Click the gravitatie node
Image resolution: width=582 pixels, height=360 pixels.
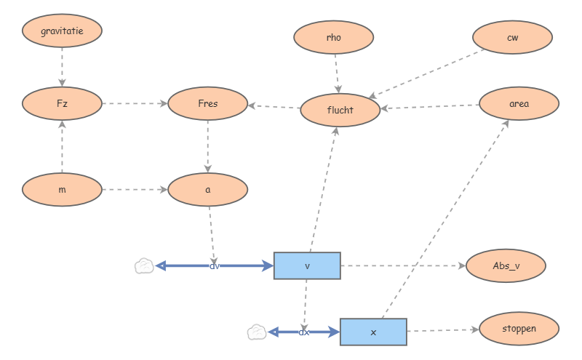tap(62, 31)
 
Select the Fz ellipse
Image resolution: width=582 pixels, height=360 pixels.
tap(62, 104)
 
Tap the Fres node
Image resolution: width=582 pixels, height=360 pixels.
tap(207, 104)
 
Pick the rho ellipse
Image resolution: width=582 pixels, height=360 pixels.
tap(334, 38)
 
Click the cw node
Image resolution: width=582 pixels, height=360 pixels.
tap(513, 38)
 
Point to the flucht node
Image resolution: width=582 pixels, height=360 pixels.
tap(340, 111)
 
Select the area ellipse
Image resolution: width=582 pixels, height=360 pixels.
tap(519, 104)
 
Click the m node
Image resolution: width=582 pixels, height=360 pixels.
tap(62, 190)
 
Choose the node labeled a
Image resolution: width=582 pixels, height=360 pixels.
tap(207, 190)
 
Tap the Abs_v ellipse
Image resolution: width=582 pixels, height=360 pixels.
tap(506, 266)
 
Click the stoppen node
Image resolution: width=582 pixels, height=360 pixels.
tap(519, 329)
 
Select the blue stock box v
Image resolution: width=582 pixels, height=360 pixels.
tap(307, 266)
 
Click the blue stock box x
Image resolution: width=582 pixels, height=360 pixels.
tap(373, 332)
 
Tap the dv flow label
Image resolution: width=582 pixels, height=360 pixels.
tap(215, 266)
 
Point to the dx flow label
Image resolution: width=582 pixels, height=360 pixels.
tap(304, 332)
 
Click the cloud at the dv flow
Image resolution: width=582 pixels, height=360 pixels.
tap(145, 266)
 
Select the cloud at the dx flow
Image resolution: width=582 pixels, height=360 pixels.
tap(256, 332)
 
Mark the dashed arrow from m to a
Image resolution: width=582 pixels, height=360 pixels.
tap(135, 190)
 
